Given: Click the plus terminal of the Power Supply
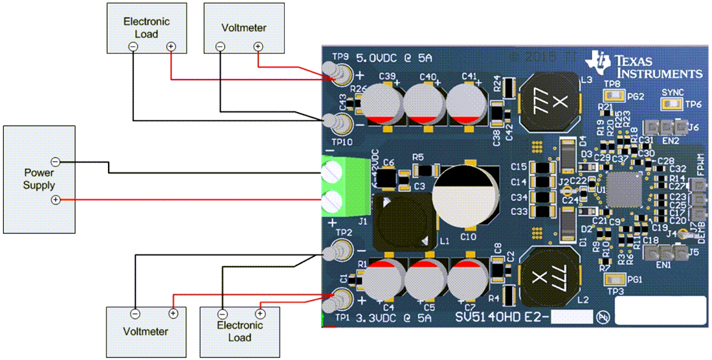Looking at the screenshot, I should [56, 200].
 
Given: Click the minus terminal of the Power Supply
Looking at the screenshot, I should [56, 161].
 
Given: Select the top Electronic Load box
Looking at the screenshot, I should [146, 27].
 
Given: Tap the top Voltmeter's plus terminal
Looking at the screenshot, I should [258, 47].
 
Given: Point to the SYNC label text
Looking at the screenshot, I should [673, 93].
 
